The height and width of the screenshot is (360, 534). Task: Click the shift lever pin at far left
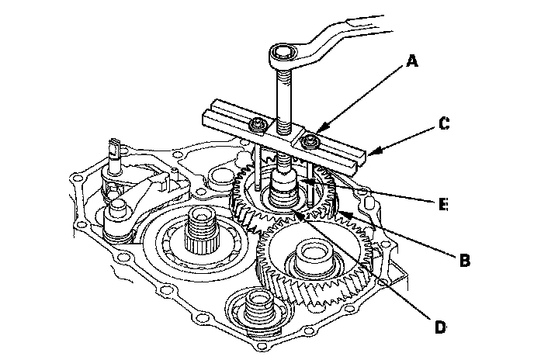click(114, 151)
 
